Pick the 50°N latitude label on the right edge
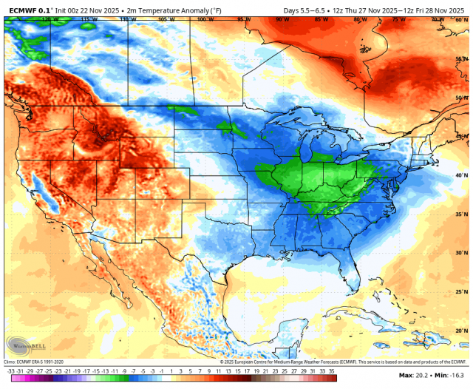click(x=461, y=98)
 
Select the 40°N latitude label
click(x=461, y=175)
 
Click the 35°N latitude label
click(x=461, y=214)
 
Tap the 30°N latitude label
click(x=461, y=253)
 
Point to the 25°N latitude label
click(x=461, y=291)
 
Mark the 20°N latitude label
click(x=461, y=331)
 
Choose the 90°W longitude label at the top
click(x=282, y=19)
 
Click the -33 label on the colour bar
click(x=10, y=371)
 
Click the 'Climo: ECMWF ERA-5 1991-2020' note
click(x=35, y=361)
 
